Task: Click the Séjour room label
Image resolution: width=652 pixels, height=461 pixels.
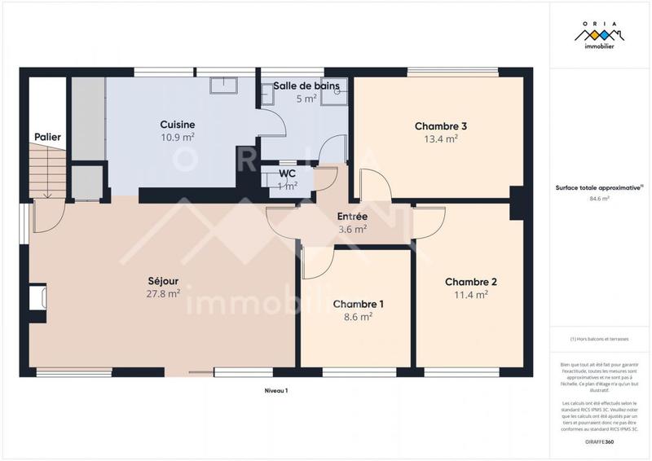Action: click(164, 281)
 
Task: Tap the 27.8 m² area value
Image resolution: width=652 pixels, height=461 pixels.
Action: click(164, 294)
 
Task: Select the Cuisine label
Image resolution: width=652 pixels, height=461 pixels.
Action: click(177, 124)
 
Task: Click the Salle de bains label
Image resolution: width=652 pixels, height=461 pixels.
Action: click(306, 86)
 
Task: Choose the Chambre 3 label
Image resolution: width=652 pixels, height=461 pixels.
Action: click(440, 126)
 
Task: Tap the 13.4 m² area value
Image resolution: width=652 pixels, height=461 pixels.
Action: click(440, 138)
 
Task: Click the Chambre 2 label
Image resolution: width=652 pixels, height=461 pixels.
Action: click(470, 282)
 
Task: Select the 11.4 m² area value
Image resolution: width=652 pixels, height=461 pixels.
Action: click(470, 295)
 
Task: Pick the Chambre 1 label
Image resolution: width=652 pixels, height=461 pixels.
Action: click(358, 304)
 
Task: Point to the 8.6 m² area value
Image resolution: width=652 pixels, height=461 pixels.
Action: click(358, 316)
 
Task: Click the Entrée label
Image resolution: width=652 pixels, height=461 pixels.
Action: click(352, 217)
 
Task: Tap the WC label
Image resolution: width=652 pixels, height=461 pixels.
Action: click(287, 173)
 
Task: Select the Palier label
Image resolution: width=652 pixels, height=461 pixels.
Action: click(47, 137)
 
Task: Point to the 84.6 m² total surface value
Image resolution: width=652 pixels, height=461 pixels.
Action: click(599, 198)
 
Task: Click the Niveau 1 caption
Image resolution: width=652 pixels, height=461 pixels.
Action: click(276, 391)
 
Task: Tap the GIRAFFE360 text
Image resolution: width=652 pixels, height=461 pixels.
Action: click(599, 441)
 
